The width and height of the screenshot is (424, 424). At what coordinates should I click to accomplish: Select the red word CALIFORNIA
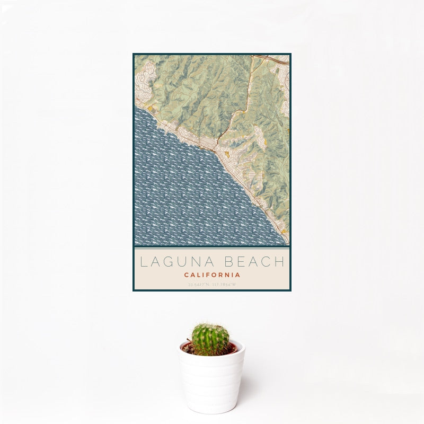(212, 275)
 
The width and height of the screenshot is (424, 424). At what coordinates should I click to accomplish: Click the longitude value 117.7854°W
(224, 285)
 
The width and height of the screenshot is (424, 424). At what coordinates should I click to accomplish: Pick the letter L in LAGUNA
(143, 262)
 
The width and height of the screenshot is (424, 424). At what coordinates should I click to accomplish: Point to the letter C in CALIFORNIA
(187, 275)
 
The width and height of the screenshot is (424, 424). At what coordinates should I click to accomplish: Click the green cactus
(210, 339)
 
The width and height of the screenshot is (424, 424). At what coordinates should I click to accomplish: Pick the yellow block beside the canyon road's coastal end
(227, 154)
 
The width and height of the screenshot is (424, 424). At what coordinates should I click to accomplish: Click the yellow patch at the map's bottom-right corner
(285, 231)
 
